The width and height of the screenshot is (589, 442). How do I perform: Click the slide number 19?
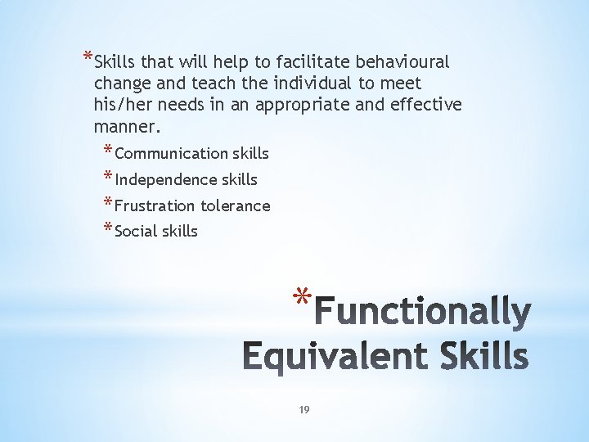coord(303,409)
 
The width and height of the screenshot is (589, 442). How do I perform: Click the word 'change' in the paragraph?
coord(121,83)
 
